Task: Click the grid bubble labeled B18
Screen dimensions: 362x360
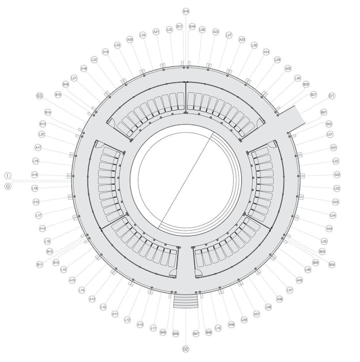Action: [x=185, y=11]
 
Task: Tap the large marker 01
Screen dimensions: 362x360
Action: [x=332, y=96]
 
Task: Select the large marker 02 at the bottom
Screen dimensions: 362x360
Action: [x=185, y=349]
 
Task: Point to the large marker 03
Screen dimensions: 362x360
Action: [x=40, y=96]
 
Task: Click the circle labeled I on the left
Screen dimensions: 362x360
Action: [x=8, y=175]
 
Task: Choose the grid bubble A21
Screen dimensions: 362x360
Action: [x=156, y=32]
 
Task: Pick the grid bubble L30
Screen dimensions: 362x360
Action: [x=297, y=78]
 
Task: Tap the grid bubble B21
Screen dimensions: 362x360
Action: [x=313, y=95]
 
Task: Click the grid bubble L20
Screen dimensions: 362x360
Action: [x=42, y=134]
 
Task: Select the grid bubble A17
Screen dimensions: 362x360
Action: [x=38, y=148]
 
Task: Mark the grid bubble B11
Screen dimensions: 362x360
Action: [x=40, y=265]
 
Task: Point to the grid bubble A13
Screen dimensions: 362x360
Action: [x=73, y=280]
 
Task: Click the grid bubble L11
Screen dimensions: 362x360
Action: [x=153, y=328]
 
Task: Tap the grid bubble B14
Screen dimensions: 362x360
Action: [x=48, y=112]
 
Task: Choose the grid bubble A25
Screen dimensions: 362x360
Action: [x=288, y=68]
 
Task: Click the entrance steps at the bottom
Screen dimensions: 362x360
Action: [x=185, y=301]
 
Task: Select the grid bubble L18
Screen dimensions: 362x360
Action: [x=35, y=188]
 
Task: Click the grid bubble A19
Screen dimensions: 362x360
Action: [x=105, y=52]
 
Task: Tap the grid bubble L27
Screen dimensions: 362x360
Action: [x=229, y=35]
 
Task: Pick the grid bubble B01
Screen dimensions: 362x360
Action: [x=324, y=112]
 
